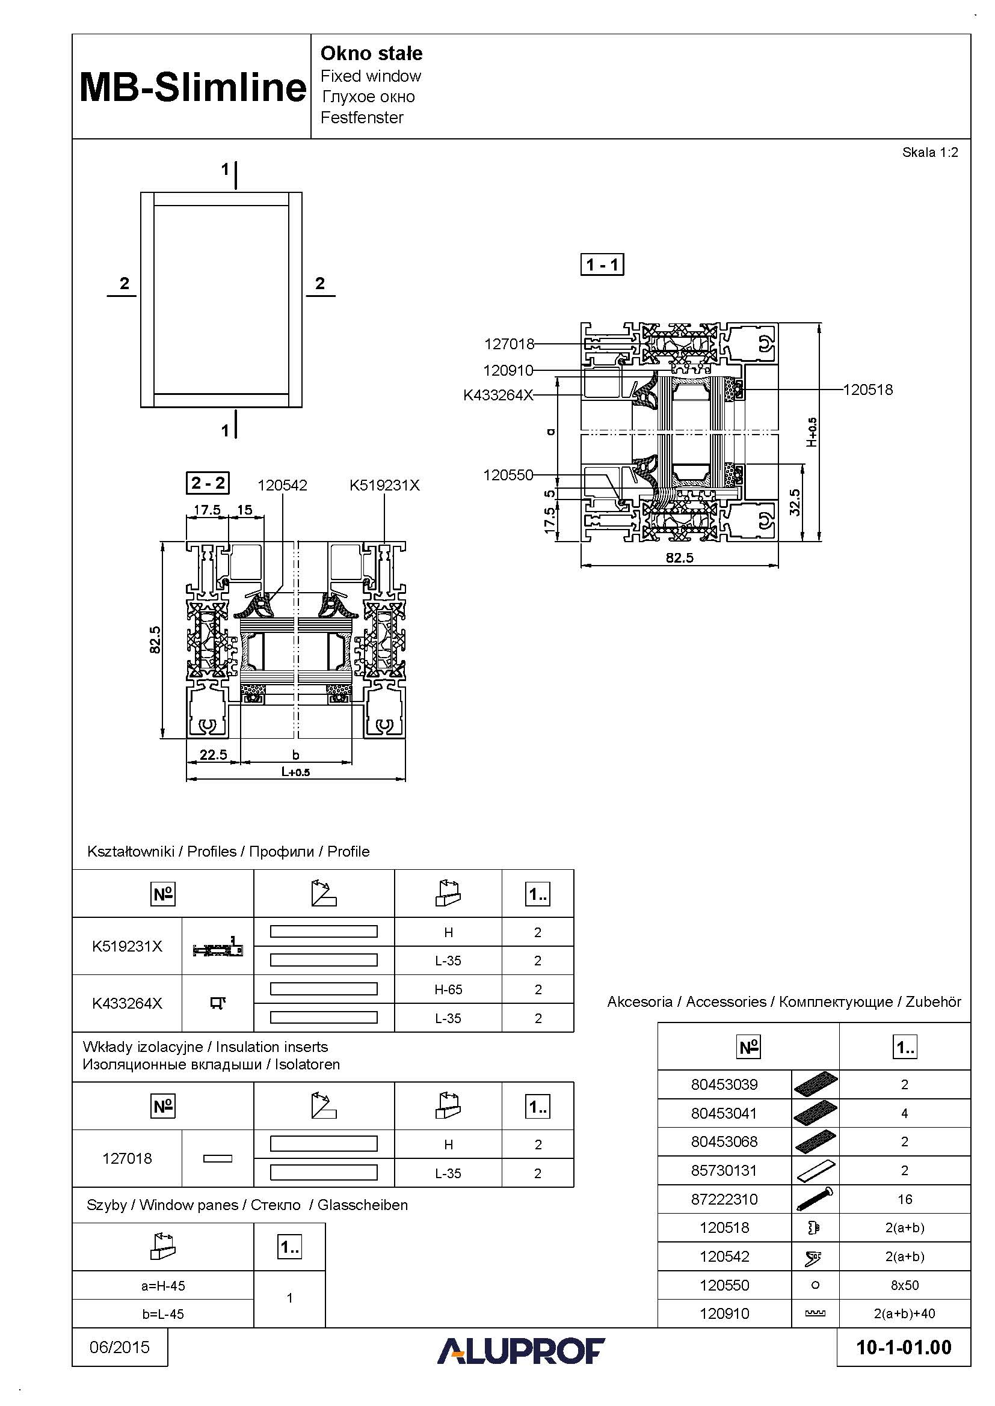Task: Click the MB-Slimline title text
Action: coord(193,87)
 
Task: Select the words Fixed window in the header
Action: coord(371,76)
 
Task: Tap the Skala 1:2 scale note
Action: coord(929,153)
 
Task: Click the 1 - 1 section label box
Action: coord(602,264)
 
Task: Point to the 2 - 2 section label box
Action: coord(208,483)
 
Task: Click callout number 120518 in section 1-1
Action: coord(867,390)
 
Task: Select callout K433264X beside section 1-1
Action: coord(498,395)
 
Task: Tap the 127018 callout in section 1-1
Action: coord(509,344)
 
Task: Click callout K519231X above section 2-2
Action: coord(384,486)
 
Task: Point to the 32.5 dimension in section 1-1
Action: coord(795,501)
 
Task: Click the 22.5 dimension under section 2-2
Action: coord(213,754)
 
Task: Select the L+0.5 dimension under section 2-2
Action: coord(295,772)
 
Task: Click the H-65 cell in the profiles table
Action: coord(448,989)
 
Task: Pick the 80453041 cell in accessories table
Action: coord(724,1113)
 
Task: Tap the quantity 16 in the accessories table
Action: coord(904,1199)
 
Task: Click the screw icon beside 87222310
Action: coord(815,1199)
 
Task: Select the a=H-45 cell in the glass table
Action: coord(163,1286)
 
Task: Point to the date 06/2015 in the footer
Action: coord(120,1347)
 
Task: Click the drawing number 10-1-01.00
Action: coord(904,1347)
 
